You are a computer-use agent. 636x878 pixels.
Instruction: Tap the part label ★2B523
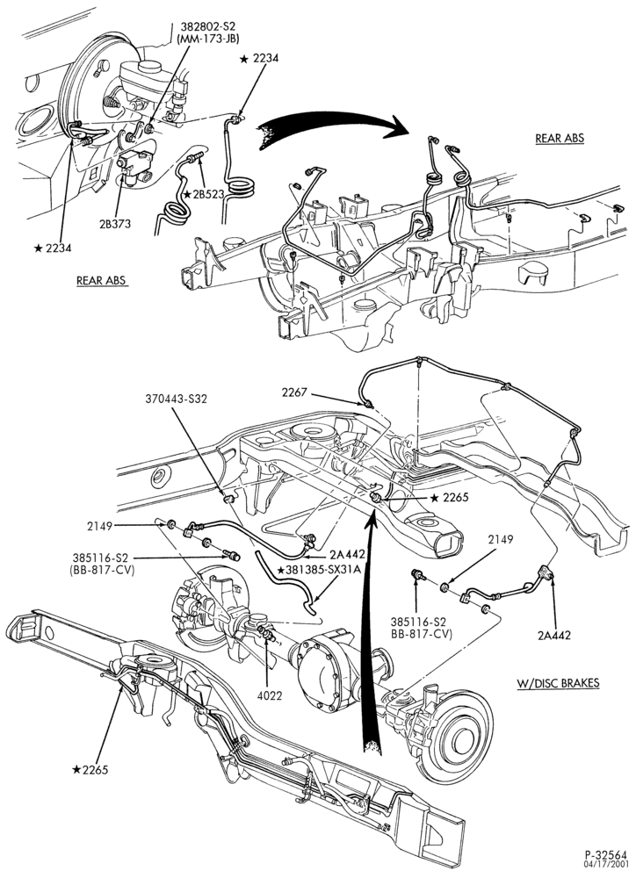tap(204, 194)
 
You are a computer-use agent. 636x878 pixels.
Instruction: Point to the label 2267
tap(294, 392)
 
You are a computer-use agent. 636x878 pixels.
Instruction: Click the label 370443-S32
tap(169, 399)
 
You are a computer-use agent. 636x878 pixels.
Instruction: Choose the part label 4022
tap(271, 695)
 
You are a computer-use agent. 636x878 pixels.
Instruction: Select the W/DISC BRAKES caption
tap(558, 682)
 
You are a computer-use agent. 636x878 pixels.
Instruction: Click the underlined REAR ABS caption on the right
tap(560, 138)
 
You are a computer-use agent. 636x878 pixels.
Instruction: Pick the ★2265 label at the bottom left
tap(90, 769)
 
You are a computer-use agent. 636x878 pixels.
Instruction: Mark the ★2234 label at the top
tap(259, 58)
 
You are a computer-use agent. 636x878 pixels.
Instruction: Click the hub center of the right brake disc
tap(460, 741)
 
